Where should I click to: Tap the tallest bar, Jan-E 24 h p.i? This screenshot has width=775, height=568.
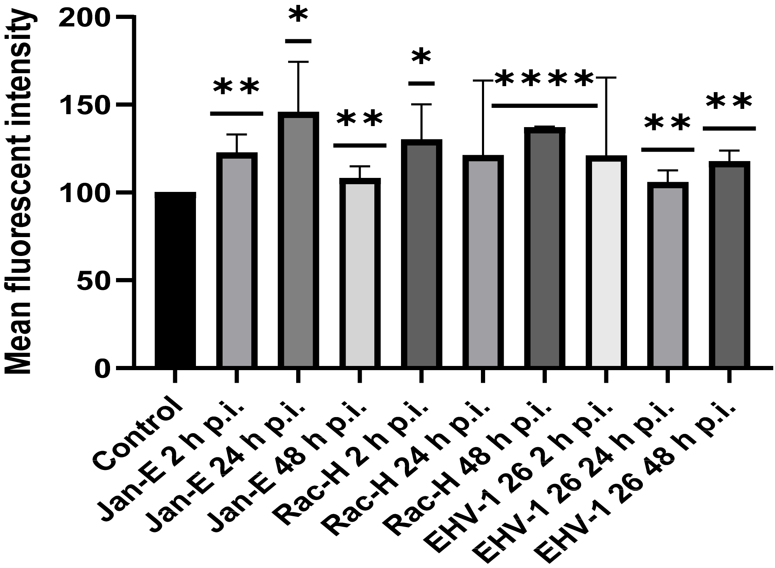298,242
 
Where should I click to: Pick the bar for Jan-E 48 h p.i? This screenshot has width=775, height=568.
360,273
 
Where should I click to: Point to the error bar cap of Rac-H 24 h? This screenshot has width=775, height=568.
483,81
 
